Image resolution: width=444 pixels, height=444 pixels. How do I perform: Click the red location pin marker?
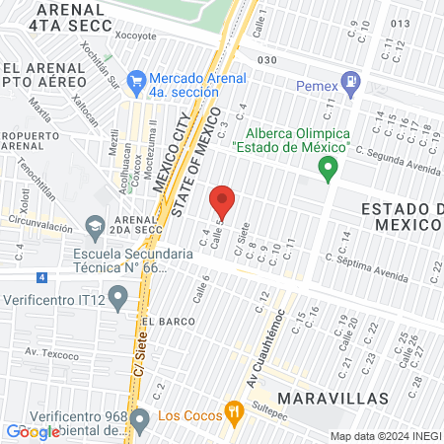point(222,200)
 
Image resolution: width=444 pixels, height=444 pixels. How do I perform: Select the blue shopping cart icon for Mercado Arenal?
point(138,79)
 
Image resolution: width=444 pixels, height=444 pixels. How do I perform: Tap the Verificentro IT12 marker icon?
point(118,295)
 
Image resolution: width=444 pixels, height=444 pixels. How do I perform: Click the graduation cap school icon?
point(96,228)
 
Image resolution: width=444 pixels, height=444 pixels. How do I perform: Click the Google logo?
point(32,432)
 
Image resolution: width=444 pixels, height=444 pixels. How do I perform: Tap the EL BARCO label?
point(162,322)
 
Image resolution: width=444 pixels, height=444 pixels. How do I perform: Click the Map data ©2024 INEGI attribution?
point(385,436)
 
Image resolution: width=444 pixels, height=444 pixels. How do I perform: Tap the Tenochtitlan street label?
point(37,178)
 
